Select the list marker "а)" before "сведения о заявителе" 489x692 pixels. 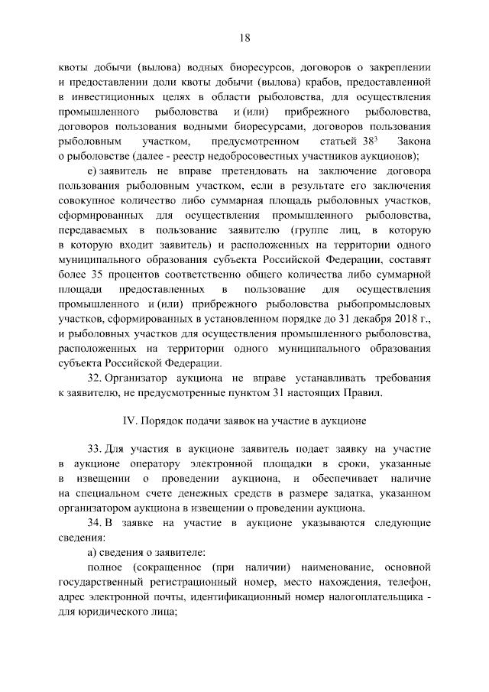click(92, 554)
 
